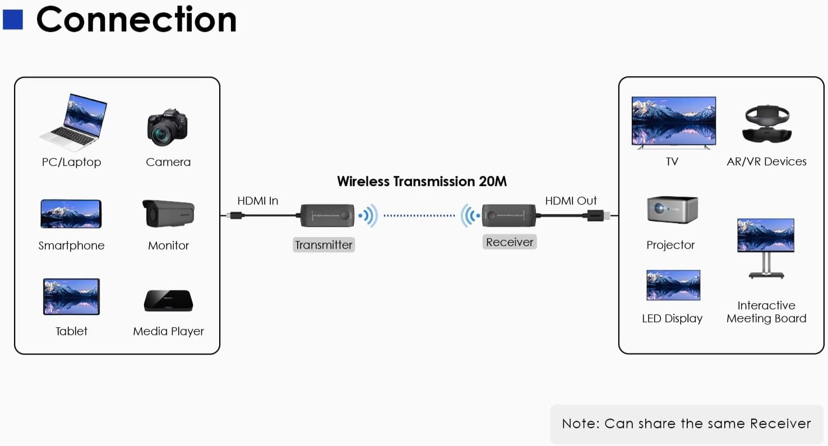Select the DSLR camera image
point(167,127)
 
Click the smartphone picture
point(71,213)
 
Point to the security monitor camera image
point(168,213)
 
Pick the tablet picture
point(71,296)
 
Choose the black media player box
point(168,300)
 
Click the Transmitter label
point(323,245)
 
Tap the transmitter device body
point(327,215)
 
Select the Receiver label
point(509,242)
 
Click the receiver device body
point(508,215)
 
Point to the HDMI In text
point(257,201)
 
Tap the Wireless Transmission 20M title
point(422,182)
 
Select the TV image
point(673,122)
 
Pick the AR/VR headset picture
point(767,124)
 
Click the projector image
point(672,210)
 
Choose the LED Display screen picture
point(673,285)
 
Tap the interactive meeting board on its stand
point(765,247)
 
